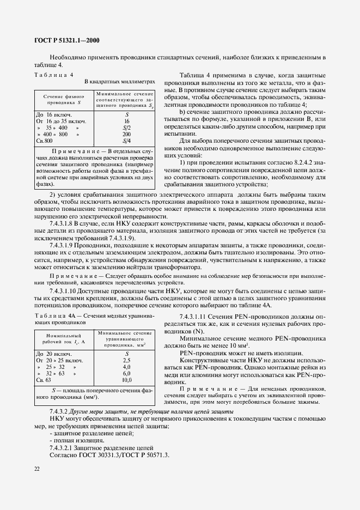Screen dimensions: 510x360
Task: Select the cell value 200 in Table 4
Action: [126, 133]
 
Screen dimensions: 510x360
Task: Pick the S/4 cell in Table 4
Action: [126, 141]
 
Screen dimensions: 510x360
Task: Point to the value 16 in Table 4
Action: [126, 120]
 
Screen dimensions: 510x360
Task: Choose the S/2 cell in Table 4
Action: [126, 127]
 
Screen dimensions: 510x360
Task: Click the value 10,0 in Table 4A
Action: [126, 380]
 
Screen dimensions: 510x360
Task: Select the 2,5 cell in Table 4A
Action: [126, 360]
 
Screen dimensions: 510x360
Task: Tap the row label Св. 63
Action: [44, 380]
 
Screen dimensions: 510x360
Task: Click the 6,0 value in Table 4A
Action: [126, 373]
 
